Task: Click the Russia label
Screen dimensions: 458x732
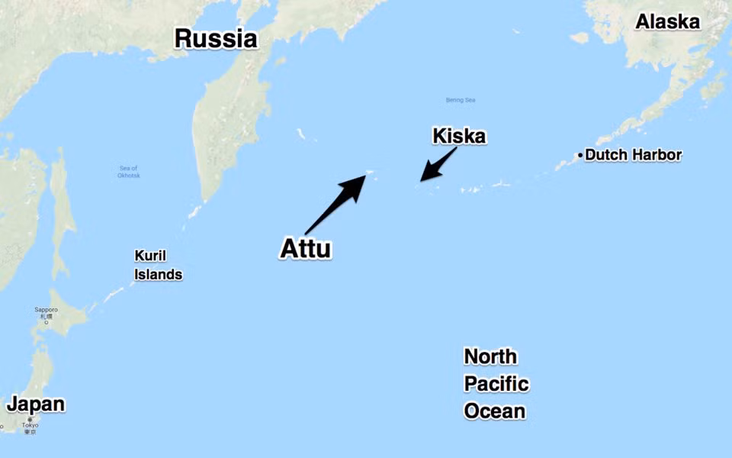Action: (x=216, y=38)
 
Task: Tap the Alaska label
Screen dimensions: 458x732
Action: (x=667, y=21)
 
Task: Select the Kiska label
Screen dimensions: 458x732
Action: (x=459, y=137)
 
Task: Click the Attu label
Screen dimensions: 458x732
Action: (x=306, y=249)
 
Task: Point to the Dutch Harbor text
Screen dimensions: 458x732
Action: (x=634, y=155)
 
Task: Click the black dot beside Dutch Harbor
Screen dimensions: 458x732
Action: (x=580, y=156)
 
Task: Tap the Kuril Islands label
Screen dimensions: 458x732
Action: (x=158, y=265)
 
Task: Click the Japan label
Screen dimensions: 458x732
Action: (x=35, y=404)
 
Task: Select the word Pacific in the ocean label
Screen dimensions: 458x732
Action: (x=496, y=384)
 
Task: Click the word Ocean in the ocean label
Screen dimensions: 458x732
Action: (x=495, y=411)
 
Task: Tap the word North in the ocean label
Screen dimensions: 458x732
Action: (x=490, y=356)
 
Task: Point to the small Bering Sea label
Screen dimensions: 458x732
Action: (x=461, y=100)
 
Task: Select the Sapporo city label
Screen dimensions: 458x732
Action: (x=46, y=310)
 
